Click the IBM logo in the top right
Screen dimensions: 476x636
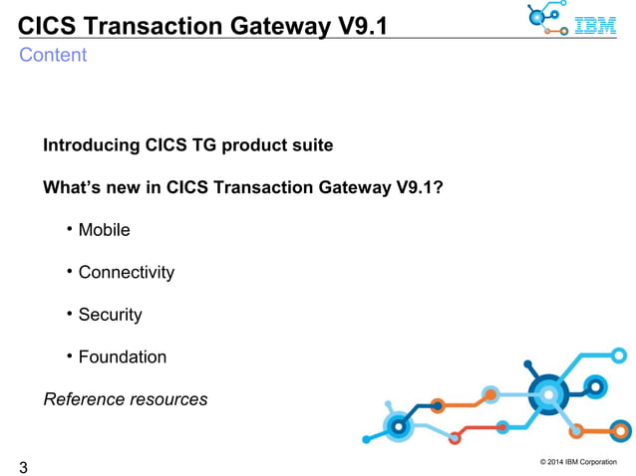click(x=597, y=25)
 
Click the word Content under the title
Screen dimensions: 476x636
click(x=53, y=56)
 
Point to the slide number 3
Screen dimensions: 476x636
click(x=23, y=466)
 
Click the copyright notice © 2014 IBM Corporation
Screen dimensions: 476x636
click(x=577, y=460)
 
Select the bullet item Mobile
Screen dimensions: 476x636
click(x=105, y=230)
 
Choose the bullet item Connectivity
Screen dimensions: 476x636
click(x=127, y=273)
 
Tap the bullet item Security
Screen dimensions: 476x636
click(x=111, y=315)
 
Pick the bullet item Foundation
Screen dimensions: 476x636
click(x=123, y=357)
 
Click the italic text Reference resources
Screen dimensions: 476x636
click(x=126, y=399)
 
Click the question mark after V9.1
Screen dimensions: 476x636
click(x=438, y=187)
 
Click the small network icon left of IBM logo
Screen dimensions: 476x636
click(x=545, y=20)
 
